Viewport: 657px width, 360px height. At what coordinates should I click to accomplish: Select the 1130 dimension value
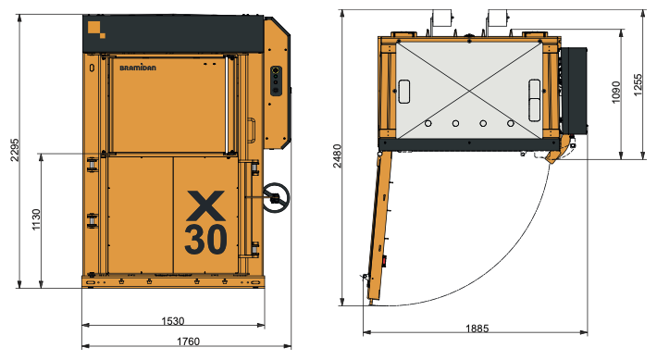pos(36,220)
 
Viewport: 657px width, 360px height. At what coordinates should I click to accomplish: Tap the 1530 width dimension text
pos(173,321)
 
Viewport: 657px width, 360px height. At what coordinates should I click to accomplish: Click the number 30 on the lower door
pos(205,239)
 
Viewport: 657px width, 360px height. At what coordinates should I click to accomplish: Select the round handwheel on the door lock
pos(275,196)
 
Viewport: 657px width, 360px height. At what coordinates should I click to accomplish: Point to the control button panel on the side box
pos(275,80)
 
